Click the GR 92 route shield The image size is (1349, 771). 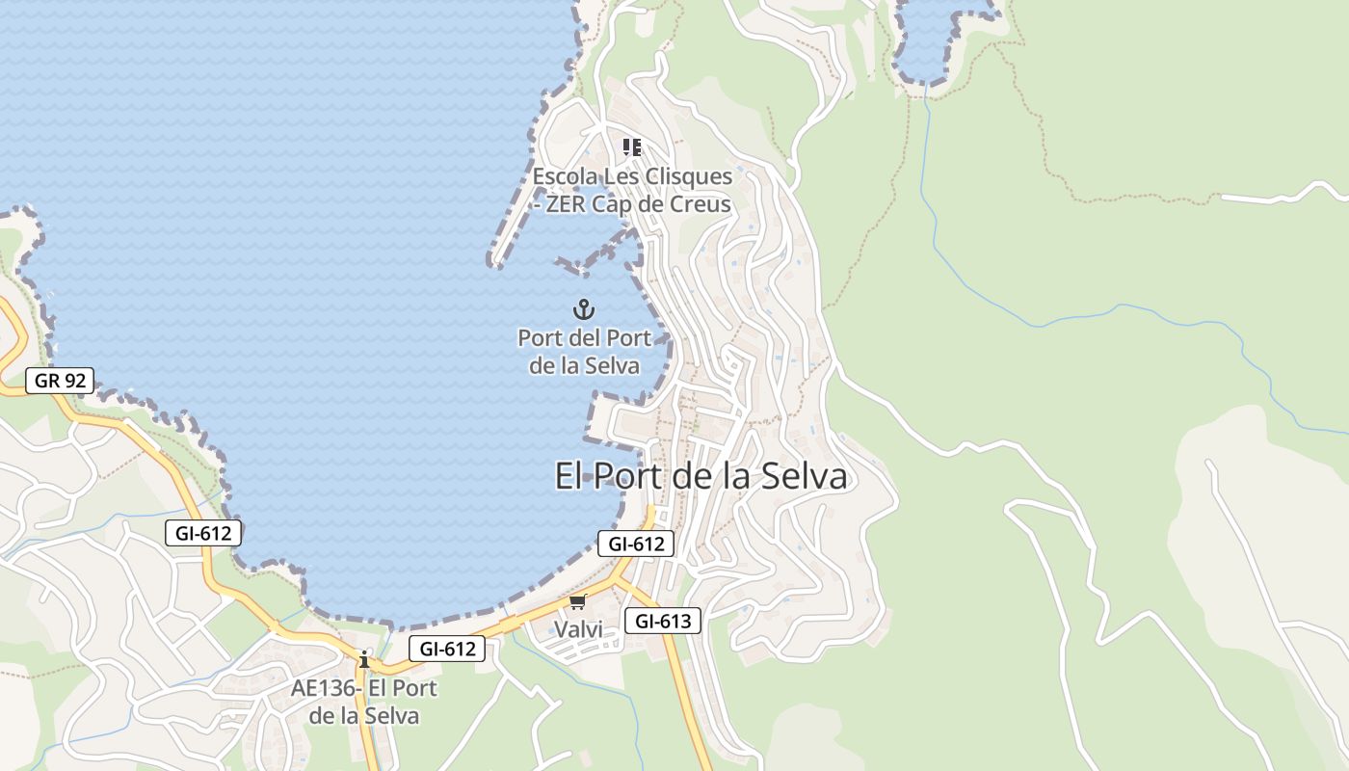click(60, 381)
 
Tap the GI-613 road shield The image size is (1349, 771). click(663, 622)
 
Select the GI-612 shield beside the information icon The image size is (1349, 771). click(447, 649)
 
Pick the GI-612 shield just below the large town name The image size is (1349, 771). click(636, 544)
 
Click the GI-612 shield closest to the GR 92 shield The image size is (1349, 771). click(202, 533)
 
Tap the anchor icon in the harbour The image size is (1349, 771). click(584, 309)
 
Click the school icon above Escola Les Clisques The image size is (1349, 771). click(632, 147)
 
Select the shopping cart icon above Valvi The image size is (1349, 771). click(577, 602)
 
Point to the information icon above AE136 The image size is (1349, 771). click(364, 660)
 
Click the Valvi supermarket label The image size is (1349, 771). click(578, 629)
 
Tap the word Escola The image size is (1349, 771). click(565, 177)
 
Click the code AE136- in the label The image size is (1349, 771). click(326, 688)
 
